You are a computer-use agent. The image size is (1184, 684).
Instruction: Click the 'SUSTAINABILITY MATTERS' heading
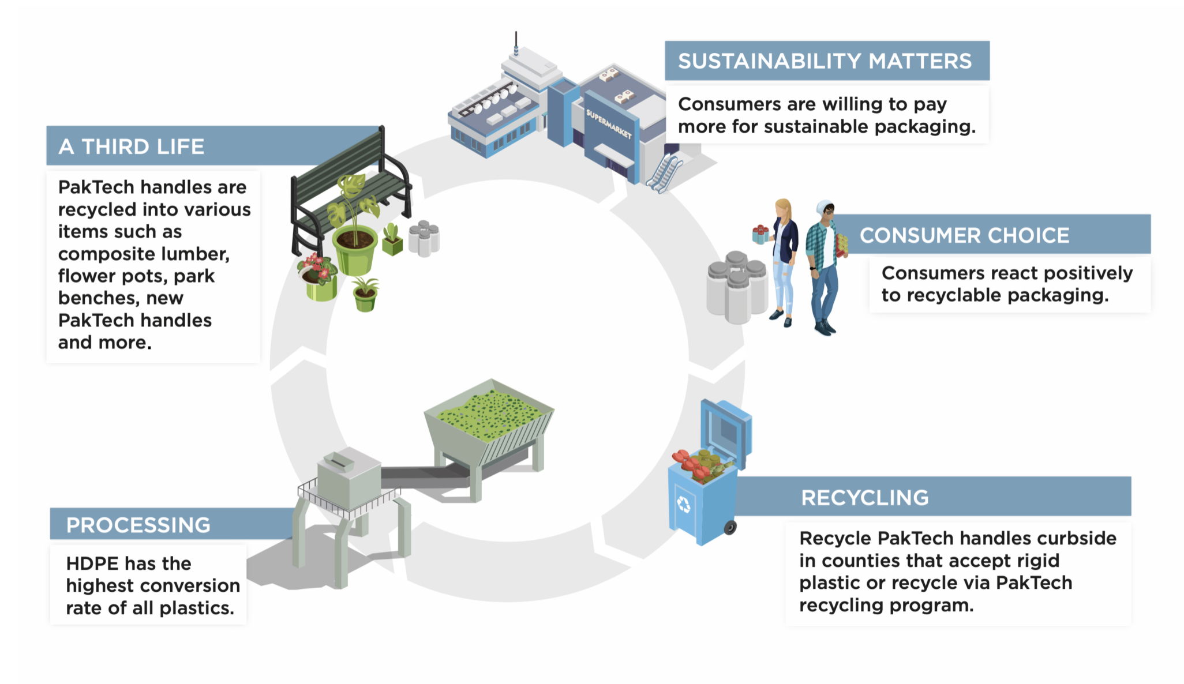coord(825,61)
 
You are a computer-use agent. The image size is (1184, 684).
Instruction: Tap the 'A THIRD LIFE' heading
coord(132,146)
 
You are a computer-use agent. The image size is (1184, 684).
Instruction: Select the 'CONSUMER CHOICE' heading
coord(964,235)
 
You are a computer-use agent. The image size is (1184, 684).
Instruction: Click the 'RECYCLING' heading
coord(864,498)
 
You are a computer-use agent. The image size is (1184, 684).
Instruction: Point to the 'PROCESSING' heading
coord(138,525)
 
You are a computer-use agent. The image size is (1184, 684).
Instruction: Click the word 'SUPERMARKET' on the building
coord(608,123)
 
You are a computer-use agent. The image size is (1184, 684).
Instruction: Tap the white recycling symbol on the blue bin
coord(684,505)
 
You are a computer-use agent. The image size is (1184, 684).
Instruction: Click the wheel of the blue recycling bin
coord(730,527)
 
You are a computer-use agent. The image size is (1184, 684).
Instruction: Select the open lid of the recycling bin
coord(726,430)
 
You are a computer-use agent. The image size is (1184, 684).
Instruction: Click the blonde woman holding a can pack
coord(783,260)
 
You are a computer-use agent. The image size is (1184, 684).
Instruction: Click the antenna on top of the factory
coord(516,43)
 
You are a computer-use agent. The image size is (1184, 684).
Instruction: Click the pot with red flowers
coord(318,277)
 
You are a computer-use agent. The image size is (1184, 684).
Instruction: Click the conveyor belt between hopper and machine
coord(424,476)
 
